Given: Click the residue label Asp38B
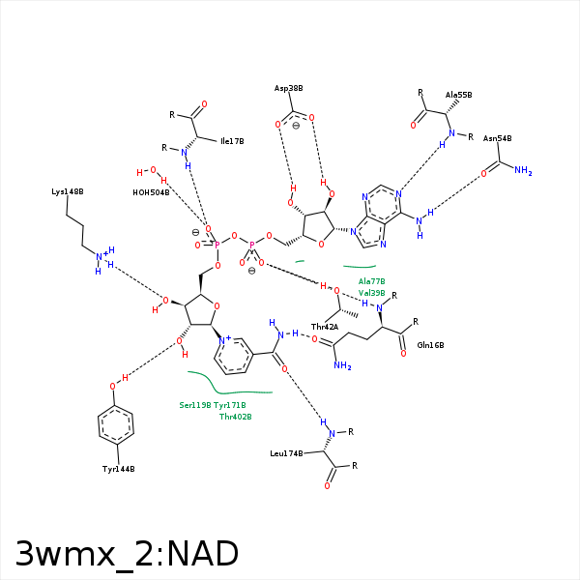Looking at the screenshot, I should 288,88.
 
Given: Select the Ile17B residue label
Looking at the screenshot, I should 232,141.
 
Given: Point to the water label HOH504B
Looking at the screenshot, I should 151,192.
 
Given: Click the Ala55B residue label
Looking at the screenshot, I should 458,95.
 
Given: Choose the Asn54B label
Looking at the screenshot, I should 497,138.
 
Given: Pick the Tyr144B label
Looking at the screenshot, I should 118,469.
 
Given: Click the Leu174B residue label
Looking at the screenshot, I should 286,452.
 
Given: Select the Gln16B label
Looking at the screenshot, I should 430,345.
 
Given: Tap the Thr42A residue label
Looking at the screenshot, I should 324,327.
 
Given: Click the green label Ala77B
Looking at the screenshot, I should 371,281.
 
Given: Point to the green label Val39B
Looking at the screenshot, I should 371,293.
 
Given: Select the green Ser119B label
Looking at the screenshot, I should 195,405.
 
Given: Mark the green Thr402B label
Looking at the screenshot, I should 235,417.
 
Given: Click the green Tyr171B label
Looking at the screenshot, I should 230,405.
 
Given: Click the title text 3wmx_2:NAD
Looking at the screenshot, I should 127,553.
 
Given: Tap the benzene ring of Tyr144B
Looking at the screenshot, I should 116,424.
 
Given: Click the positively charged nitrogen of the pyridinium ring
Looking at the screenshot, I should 223,341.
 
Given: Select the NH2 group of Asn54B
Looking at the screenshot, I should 523,170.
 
